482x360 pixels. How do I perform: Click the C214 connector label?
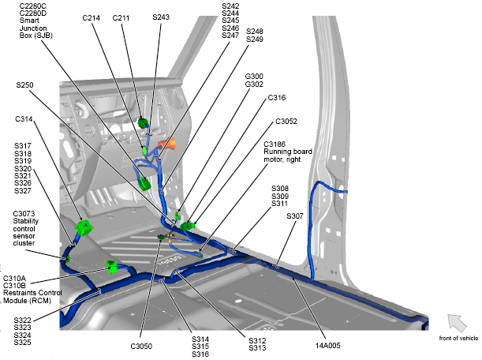[x=91, y=17]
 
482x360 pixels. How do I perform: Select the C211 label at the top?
[x=121, y=17]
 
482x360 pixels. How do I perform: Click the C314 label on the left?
[x=24, y=119]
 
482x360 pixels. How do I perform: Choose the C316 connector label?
[x=276, y=98]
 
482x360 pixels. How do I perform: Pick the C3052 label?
[x=286, y=122]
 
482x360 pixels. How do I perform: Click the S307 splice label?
[x=295, y=216]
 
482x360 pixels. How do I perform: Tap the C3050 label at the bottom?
[x=143, y=346]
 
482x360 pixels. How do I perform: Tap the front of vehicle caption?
[x=458, y=339]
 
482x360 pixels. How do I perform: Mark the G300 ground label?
[x=255, y=76]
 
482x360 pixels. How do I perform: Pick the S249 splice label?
[x=255, y=39]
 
